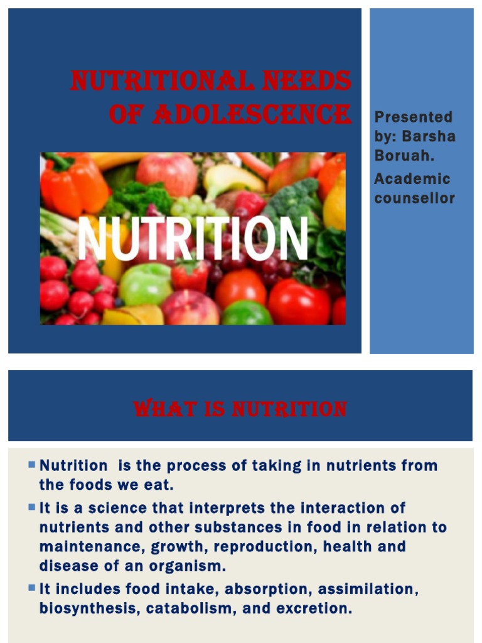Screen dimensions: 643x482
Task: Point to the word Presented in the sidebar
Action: [413, 117]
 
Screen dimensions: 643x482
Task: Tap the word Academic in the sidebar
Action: [412, 179]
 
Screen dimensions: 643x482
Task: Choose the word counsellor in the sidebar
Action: [414, 198]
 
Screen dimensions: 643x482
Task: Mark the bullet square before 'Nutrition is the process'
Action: [32, 465]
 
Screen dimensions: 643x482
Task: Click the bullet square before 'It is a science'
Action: [32, 507]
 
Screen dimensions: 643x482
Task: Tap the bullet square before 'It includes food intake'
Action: [32, 588]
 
